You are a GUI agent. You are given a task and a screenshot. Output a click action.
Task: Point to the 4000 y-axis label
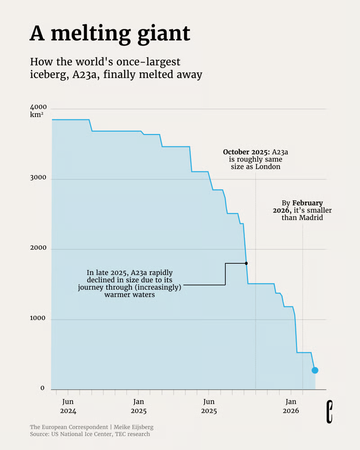[38, 108]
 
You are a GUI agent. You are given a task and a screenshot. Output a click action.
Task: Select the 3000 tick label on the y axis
[38, 178]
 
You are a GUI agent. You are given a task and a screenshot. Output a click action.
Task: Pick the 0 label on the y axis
[42, 388]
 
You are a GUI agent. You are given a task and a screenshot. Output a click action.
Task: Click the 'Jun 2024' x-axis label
[68, 406]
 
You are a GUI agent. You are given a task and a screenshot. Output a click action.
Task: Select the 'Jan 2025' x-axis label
[139, 406]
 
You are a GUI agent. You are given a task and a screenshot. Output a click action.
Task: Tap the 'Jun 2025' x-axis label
[209, 406]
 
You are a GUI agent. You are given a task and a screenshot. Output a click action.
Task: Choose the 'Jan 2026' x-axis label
[291, 406]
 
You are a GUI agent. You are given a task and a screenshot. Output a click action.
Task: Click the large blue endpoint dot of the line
[315, 370]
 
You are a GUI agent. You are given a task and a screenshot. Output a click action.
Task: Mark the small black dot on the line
[246, 263]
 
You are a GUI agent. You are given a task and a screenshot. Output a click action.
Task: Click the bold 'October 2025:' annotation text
[246, 152]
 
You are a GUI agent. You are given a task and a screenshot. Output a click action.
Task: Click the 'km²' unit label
[36, 115]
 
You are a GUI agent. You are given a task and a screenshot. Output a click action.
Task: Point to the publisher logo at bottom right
[330, 411]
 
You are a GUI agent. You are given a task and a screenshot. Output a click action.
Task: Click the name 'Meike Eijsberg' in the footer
[133, 427]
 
